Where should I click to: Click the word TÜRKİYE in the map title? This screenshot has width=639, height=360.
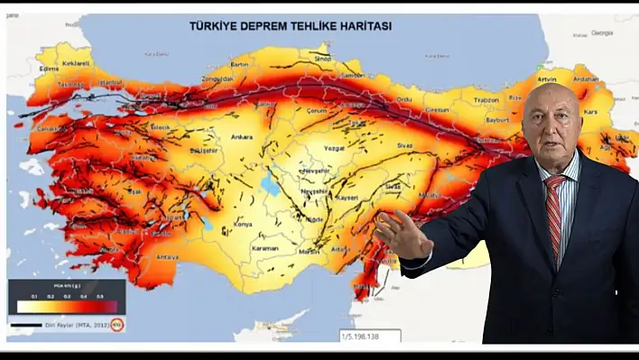pos(213,26)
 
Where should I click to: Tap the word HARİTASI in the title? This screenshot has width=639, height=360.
pos(362,26)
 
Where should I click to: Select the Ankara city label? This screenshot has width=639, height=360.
pos(242,137)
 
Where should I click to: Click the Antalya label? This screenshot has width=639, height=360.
pos(167,256)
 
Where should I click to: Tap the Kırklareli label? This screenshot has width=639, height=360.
pos(76,63)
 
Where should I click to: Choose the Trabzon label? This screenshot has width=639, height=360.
pos(486,100)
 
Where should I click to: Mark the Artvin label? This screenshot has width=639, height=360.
pos(546,67)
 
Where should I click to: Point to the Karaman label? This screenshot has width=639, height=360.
pos(265,248)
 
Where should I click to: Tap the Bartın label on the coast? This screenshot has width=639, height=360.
pos(239,65)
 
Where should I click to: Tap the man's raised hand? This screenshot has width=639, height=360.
pos(401,236)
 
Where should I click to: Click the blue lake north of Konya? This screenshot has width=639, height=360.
pos(268,184)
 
